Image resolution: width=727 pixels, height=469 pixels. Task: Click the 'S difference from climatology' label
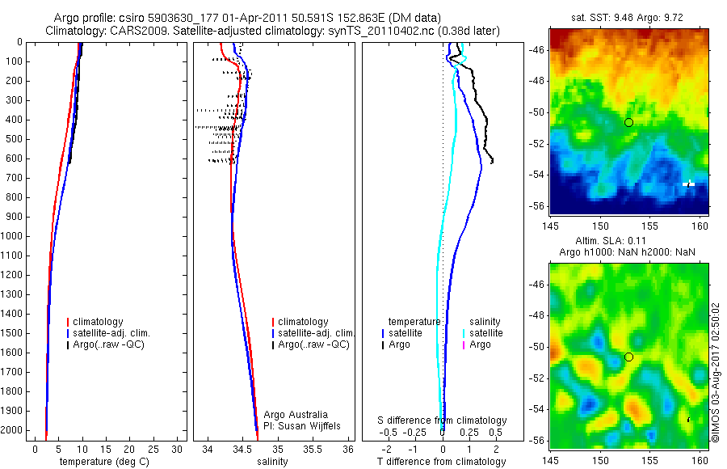443,420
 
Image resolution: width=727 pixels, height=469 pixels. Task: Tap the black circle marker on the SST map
628,122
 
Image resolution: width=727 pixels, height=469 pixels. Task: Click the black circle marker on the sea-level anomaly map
628,357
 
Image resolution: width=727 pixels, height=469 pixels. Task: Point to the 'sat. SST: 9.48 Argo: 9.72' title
630,17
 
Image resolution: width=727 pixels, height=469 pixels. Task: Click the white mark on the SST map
689,184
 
